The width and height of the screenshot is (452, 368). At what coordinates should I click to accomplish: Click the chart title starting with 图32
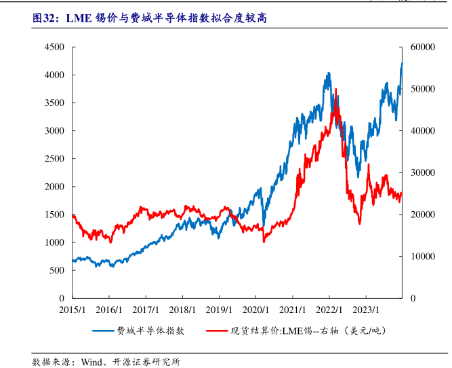[149, 18]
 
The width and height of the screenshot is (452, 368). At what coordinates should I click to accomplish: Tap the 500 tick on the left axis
[57, 270]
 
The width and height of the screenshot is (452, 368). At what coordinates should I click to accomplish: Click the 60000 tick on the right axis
[421, 47]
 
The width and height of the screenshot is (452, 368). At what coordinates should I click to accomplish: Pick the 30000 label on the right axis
[421, 172]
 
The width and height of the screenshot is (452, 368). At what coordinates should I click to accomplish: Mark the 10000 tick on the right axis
[421, 257]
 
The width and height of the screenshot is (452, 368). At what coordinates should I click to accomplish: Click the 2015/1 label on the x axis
[72, 309]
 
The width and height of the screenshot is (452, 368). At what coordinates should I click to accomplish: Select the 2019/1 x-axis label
[219, 309]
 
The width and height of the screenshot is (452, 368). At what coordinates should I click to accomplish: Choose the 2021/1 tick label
[292, 309]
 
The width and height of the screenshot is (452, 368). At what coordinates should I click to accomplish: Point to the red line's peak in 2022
[335, 97]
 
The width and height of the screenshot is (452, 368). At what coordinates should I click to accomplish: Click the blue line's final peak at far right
[402, 64]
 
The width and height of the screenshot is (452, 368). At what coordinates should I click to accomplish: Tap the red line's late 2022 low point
[360, 223]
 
